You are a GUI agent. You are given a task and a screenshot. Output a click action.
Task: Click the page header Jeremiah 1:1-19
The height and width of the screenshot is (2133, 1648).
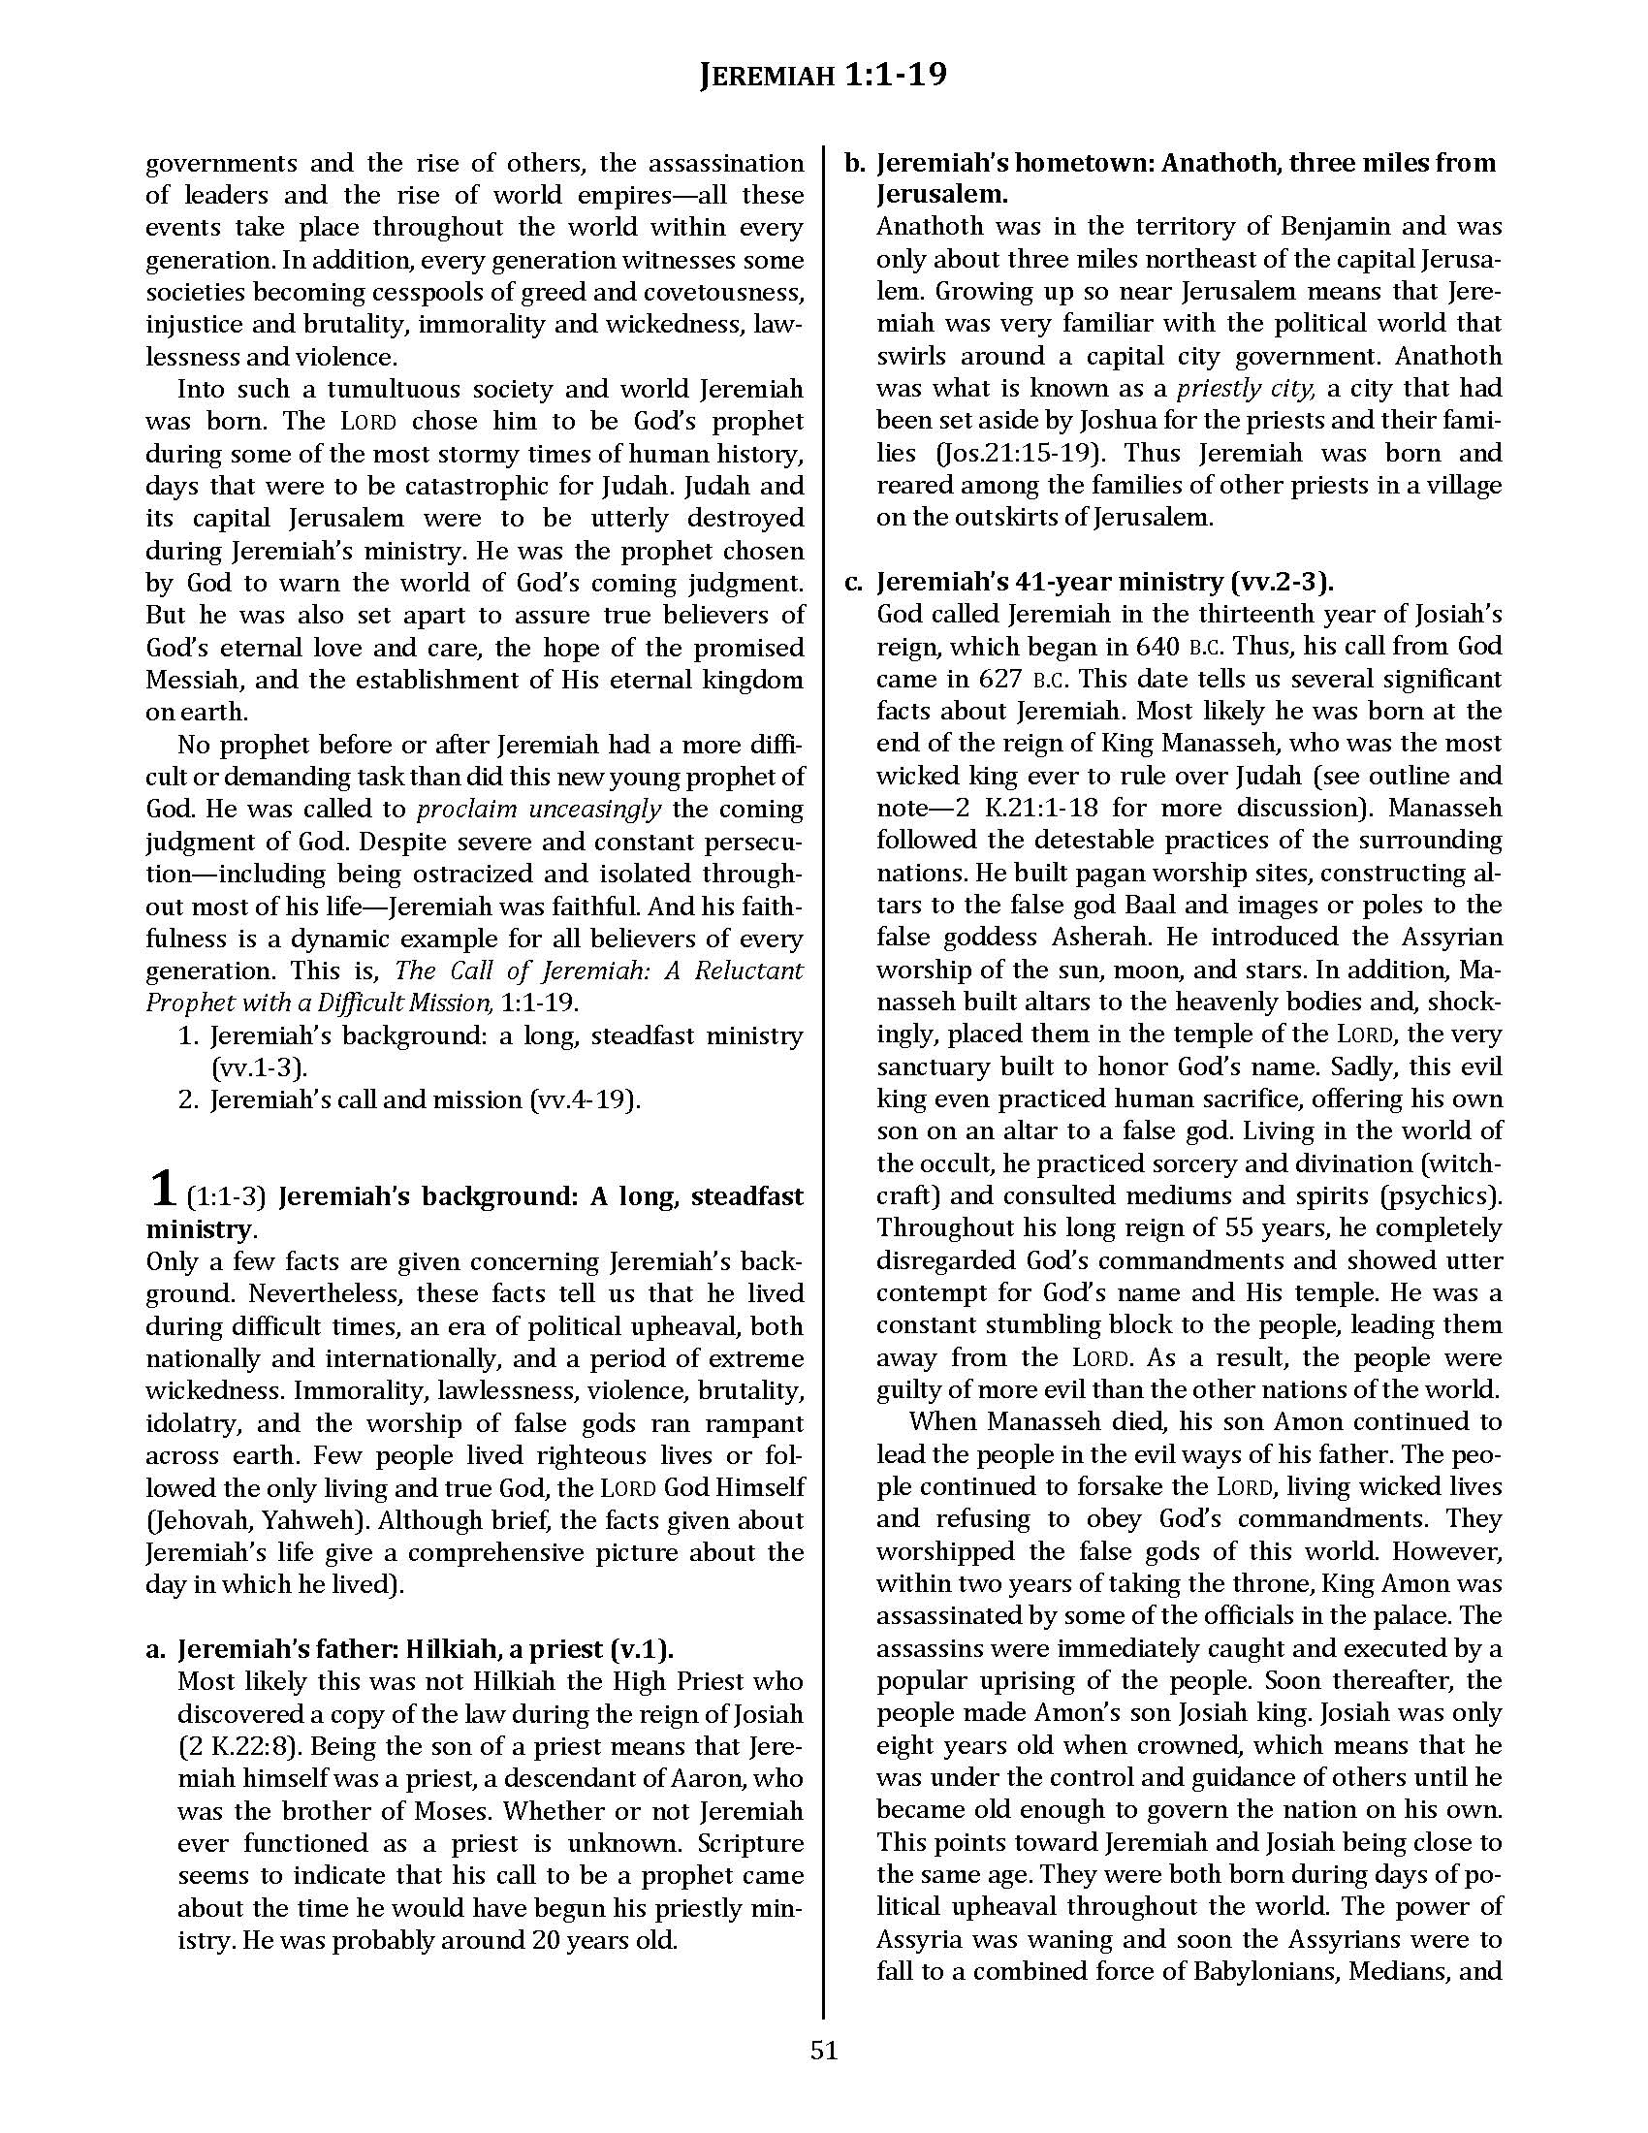coord(823,76)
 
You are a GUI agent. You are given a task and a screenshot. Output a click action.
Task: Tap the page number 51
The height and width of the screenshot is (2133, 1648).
coord(824,2050)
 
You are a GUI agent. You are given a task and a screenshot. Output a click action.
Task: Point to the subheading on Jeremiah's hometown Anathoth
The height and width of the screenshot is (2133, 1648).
coord(1186,177)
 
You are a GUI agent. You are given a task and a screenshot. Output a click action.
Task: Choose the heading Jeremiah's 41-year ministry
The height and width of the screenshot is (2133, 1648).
coord(1105,582)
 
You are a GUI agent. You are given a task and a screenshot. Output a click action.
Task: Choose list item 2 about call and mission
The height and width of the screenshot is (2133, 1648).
coord(425,1100)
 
